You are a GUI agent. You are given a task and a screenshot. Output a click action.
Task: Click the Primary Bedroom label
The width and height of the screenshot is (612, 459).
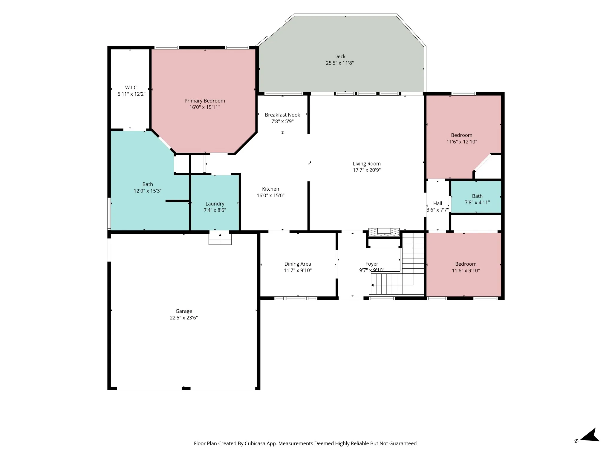[205, 101]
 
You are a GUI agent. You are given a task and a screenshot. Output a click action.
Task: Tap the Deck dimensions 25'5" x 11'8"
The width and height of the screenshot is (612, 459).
[340, 63]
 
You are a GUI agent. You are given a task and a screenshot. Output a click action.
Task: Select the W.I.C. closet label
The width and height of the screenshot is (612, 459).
[131, 88]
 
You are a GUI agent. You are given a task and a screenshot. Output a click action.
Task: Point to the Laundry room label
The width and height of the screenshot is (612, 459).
[215, 204]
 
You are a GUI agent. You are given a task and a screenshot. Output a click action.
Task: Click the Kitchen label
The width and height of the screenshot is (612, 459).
[270, 189]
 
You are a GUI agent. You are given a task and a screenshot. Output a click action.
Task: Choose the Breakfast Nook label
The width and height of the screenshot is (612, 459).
[282, 115]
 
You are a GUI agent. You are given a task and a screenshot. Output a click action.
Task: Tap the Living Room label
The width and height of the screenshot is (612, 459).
[367, 164]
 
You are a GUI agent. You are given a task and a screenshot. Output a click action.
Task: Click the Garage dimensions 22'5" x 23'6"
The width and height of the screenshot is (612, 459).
[184, 318]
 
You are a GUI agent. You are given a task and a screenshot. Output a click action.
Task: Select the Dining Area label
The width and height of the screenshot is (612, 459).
[298, 264]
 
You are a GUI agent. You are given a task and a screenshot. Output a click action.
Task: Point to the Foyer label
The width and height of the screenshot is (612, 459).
[372, 264]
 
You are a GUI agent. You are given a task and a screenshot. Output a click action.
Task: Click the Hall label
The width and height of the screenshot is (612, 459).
[437, 204]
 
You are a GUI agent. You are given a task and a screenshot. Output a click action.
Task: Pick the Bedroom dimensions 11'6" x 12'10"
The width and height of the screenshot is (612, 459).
[462, 142]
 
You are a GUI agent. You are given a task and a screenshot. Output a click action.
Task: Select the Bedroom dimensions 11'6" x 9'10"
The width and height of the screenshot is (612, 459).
[466, 270]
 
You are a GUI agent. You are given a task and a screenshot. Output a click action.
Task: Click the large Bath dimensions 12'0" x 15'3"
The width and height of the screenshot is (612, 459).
[148, 191]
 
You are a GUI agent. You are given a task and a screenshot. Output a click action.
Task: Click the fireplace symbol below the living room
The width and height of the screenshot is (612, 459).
[384, 232]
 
